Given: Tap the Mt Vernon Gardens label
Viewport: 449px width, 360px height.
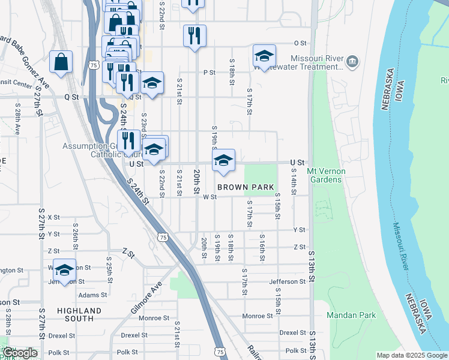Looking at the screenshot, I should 326,175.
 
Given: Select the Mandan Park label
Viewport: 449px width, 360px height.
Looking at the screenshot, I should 351,315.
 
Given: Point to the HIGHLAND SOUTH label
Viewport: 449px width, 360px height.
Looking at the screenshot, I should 79,314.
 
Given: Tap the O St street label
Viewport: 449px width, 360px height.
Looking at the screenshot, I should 300,43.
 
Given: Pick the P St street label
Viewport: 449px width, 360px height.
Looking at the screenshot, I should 209,73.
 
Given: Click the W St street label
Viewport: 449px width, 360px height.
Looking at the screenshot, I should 209,197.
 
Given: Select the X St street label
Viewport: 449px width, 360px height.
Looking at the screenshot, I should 54,217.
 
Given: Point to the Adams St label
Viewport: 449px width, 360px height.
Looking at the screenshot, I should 92,295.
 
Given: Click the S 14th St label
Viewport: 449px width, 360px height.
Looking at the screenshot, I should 294,181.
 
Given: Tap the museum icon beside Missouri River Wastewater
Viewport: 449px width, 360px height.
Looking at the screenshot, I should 352,61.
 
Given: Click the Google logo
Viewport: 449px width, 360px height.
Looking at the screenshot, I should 19,353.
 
